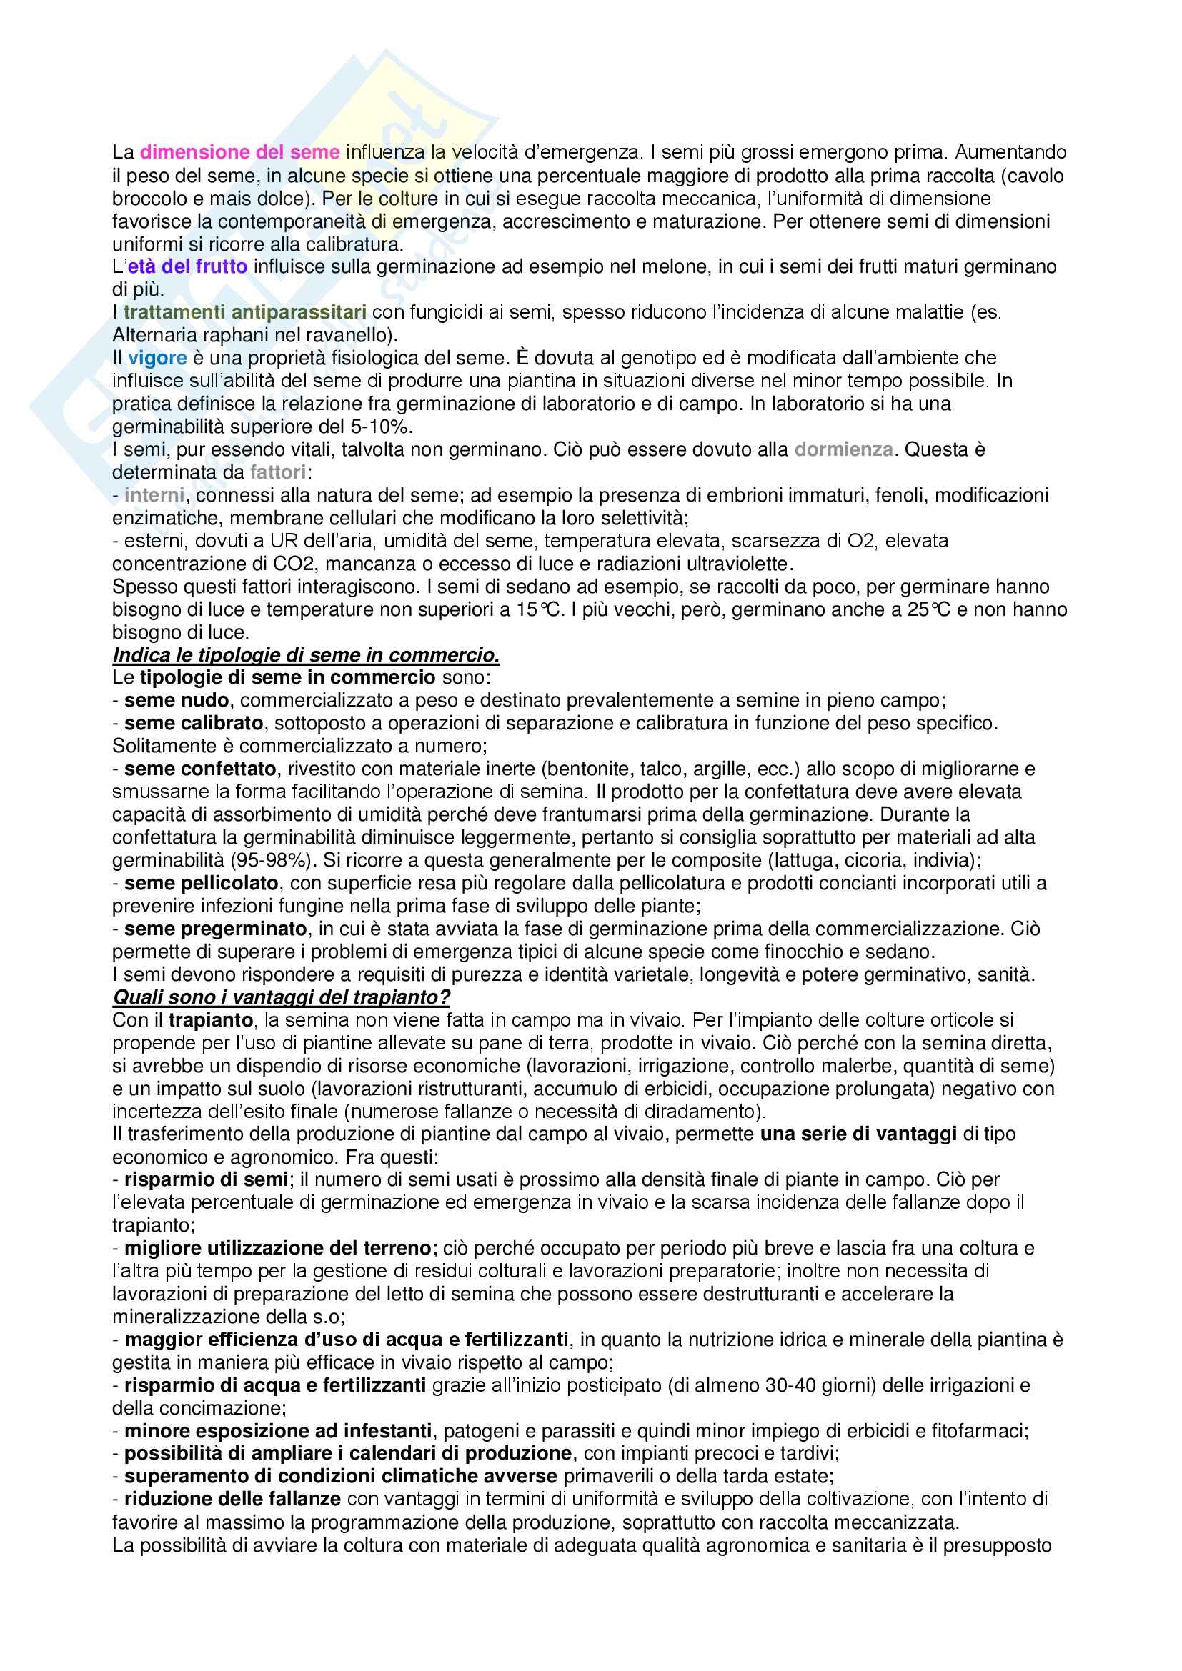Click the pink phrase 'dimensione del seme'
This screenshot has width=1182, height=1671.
tap(239, 153)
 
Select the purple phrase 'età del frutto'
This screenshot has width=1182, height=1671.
tap(188, 267)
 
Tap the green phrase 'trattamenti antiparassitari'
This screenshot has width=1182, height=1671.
tap(244, 313)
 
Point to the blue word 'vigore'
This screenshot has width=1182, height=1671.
tap(157, 358)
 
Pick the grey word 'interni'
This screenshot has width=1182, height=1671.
tap(154, 496)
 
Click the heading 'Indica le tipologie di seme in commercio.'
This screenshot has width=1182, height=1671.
tap(306, 656)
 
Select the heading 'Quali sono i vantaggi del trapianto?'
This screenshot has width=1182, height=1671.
tap(281, 997)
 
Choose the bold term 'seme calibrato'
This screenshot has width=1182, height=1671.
tap(194, 724)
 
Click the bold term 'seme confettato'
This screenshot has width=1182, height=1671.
tap(200, 769)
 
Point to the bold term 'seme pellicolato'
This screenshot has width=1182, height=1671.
tap(202, 884)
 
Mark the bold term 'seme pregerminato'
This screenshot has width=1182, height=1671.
tap(215, 929)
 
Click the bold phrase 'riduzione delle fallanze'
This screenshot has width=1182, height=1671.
tap(232, 1500)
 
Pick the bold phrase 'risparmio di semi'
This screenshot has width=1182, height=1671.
tap(206, 1179)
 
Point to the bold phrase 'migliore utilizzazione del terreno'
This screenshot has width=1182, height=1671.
tap(278, 1249)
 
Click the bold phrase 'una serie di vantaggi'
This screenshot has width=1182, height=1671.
tap(858, 1134)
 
